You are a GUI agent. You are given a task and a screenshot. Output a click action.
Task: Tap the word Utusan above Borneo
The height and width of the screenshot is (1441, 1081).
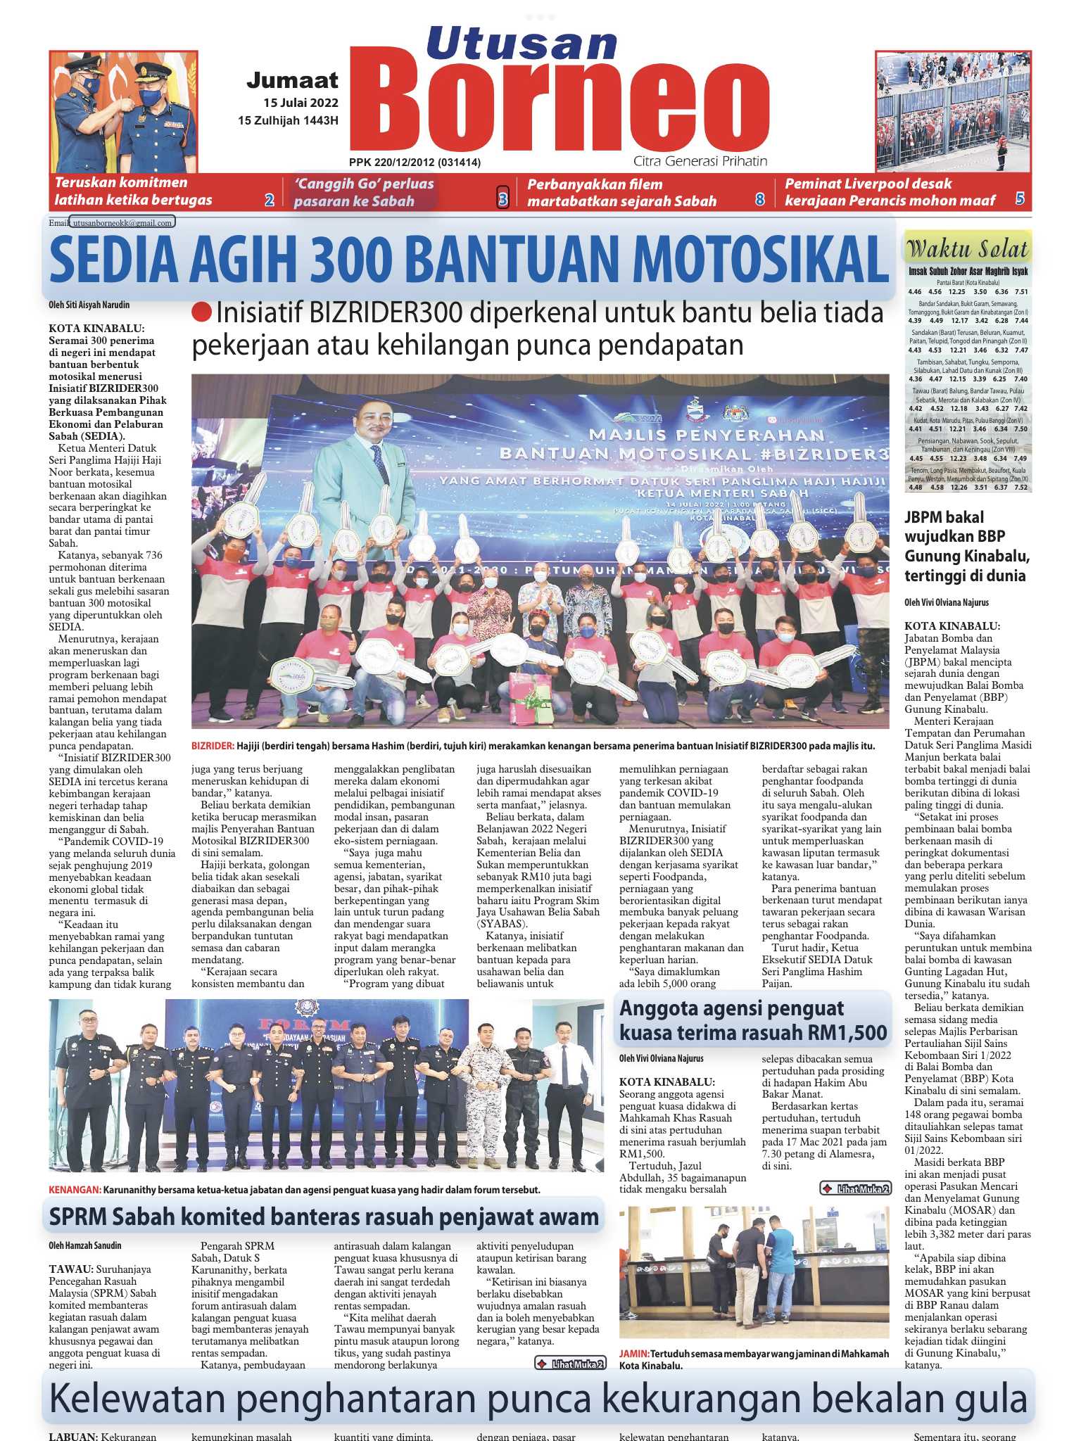pos(521,43)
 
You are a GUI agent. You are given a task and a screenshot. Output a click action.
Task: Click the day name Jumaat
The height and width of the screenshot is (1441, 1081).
pos(292,81)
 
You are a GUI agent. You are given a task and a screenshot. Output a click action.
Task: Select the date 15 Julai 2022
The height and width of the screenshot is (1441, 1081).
pos(301,103)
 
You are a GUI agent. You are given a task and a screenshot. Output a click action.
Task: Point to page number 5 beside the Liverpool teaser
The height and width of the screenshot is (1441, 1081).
pos(1020,199)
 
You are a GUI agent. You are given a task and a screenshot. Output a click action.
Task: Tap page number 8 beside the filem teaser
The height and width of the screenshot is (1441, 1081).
pos(760,199)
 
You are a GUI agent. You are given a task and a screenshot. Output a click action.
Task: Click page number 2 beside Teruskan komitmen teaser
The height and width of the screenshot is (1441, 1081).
pos(269,200)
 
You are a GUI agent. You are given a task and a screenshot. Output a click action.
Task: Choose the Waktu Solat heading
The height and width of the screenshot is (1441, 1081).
pos(967,248)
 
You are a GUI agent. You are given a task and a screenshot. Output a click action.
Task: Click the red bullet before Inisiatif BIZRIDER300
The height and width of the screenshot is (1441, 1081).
pos(201,313)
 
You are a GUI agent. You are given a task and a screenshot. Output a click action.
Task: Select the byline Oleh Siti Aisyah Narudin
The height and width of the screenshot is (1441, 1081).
pos(89,305)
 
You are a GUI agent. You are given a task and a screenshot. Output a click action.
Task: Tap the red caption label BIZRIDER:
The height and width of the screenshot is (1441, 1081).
pos(213,746)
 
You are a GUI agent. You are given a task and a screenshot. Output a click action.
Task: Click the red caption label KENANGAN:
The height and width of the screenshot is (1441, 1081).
pos(75,1189)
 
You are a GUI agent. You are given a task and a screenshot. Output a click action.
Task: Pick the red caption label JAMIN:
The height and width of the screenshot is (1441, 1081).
pos(633,1354)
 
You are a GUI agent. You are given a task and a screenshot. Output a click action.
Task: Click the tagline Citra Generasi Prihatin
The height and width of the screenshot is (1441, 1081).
pos(700,161)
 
